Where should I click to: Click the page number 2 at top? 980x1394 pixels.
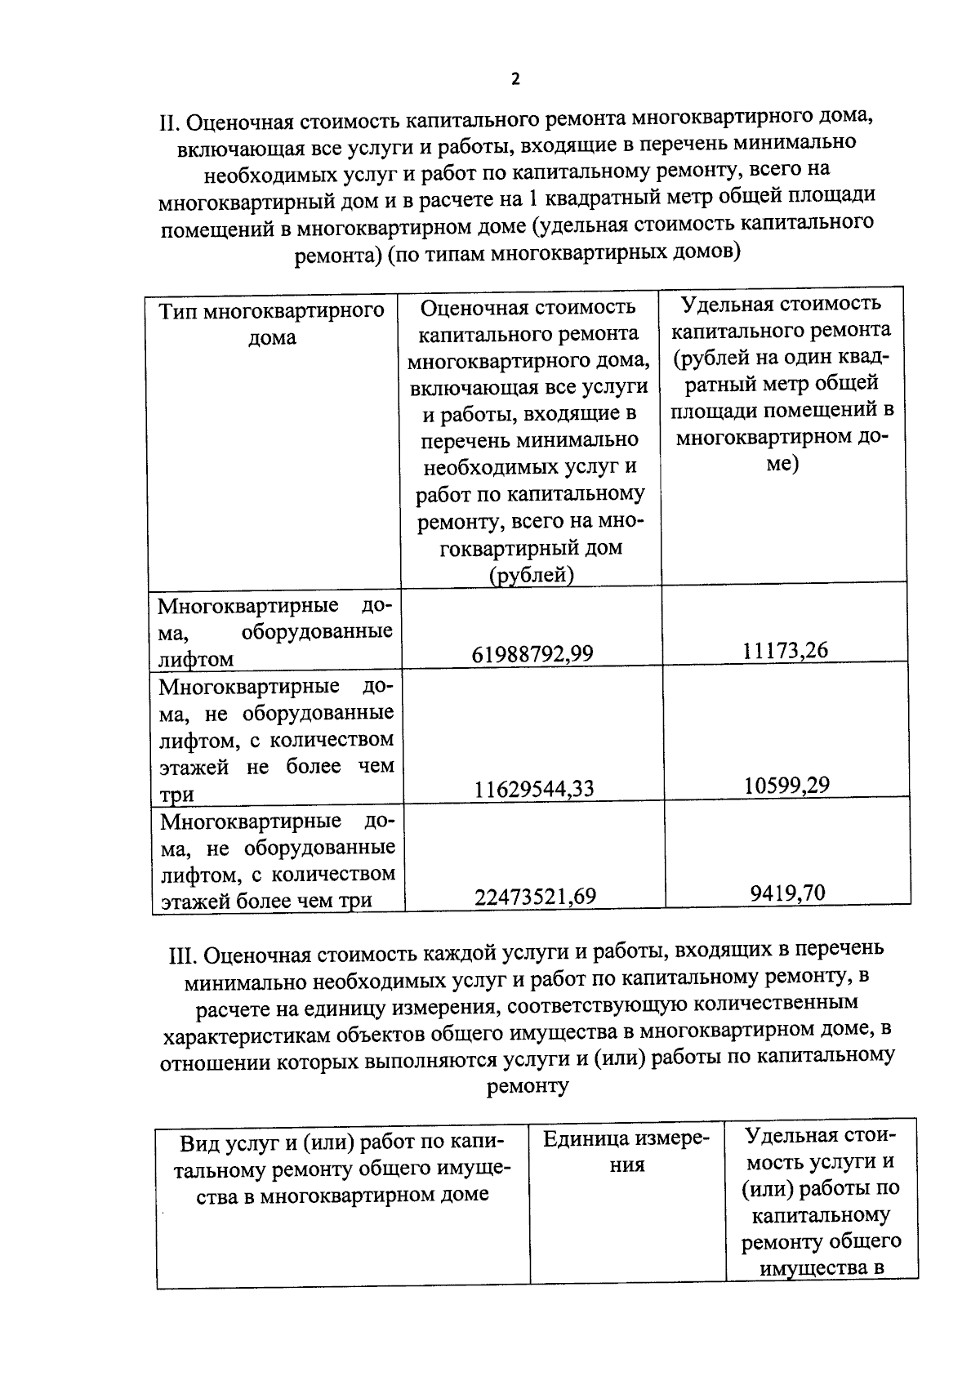click(514, 79)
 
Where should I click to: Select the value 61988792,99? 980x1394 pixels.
click(532, 654)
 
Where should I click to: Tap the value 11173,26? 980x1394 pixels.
click(785, 650)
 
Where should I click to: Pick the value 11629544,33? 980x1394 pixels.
click(533, 789)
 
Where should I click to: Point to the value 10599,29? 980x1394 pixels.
click(786, 785)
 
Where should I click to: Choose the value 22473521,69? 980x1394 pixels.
click(535, 897)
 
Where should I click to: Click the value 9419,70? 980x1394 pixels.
click(787, 893)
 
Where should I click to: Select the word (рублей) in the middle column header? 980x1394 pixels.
click(532, 575)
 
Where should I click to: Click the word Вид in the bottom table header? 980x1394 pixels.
click(198, 1142)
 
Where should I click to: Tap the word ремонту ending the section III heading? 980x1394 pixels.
click(527, 1086)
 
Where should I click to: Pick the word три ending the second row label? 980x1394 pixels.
click(176, 795)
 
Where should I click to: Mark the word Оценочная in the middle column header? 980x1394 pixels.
click(468, 307)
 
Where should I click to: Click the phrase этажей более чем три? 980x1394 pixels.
click(266, 901)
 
